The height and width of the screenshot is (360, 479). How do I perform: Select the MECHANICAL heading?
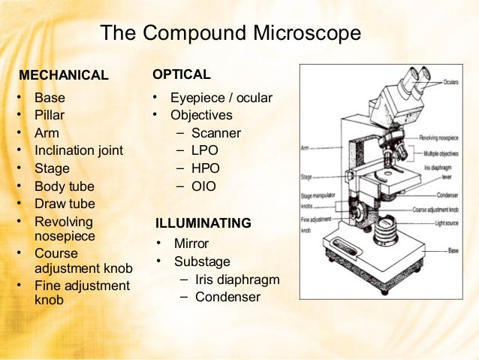(x=63, y=76)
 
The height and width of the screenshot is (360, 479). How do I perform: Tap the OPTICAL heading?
(x=181, y=75)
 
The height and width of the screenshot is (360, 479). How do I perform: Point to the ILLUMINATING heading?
(x=203, y=224)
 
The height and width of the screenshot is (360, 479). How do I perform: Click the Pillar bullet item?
(x=50, y=116)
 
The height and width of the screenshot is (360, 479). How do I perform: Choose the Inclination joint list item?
(x=79, y=151)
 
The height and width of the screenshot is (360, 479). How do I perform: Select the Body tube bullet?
(x=65, y=186)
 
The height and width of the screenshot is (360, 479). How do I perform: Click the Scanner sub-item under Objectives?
(x=216, y=134)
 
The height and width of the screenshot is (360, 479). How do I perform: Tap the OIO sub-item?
(x=203, y=186)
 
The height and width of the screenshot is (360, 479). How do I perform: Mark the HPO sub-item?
(x=206, y=168)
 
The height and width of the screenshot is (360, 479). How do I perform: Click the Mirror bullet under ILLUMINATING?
(x=191, y=244)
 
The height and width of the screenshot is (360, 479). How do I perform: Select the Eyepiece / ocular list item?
(x=221, y=98)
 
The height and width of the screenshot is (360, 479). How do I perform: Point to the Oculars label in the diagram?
(x=450, y=81)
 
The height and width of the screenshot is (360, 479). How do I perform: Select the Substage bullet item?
(x=202, y=262)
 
